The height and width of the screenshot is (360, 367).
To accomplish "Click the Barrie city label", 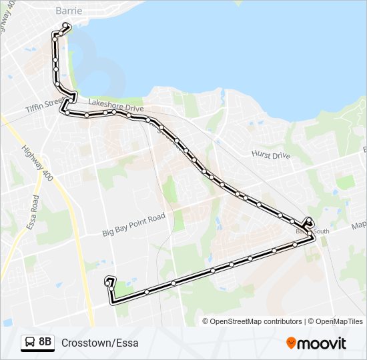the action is coord(69,10).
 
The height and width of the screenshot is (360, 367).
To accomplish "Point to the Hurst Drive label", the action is coord(271,155).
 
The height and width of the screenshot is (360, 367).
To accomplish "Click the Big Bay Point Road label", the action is coord(133,225).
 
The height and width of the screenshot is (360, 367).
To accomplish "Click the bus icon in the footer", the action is coord(30,343).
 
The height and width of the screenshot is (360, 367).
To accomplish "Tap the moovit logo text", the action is coord(322,343).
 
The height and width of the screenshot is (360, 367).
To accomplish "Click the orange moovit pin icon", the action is coord(291,343).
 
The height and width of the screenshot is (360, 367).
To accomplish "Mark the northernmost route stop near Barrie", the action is coord(66,26).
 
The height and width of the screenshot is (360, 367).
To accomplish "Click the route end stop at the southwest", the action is coord(107,283).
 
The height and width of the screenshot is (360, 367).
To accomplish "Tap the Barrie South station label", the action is coord(314,231).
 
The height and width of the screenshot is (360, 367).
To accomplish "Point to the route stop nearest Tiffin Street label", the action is coord(67,113).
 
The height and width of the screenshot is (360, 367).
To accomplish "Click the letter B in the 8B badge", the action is coord(49,343).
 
